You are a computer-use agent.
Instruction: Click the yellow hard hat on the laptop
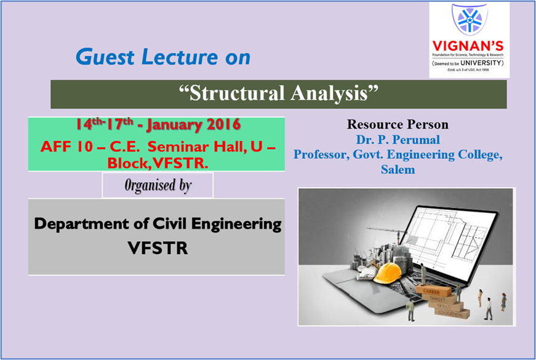(391, 272)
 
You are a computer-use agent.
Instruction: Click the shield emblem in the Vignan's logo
(470, 20)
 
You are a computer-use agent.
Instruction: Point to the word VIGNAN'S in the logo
(470, 47)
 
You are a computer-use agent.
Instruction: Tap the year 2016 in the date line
(222, 125)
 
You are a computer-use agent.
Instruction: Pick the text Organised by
(158, 185)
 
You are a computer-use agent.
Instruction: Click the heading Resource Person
(397, 125)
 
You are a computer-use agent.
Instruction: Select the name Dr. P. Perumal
(397, 140)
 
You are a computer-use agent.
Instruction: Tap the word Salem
(397, 169)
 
